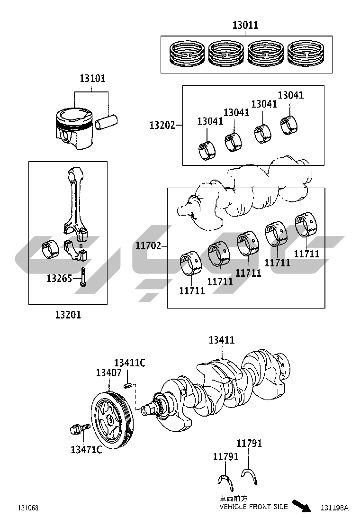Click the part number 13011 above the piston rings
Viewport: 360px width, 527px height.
click(x=245, y=25)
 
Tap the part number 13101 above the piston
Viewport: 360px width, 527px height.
click(x=93, y=78)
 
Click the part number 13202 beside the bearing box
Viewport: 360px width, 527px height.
click(x=162, y=126)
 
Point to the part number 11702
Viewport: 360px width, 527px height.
click(x=148, y=246)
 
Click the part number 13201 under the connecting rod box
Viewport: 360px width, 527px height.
click(x=68, y=315)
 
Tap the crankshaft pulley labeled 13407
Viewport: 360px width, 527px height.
click(x=112, y=419)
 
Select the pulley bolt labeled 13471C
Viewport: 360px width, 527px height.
click(x=80, y=429)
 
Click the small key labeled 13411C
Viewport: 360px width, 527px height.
click(x=127, y=385)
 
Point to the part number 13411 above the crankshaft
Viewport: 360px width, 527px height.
click(x=222, y=340)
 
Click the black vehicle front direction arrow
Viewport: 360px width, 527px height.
click(x=301, y=506)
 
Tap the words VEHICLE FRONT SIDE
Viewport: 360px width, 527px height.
click(x=253, y=507)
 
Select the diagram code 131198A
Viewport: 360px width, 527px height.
click(x=334, y=508)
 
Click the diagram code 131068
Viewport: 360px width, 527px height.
click(x=28, y=508)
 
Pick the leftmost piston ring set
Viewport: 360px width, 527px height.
click(x=186, y=54)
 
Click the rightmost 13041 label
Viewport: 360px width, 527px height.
click(x=291, y=95)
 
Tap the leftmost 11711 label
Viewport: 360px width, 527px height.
click(x=192, y=291)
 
